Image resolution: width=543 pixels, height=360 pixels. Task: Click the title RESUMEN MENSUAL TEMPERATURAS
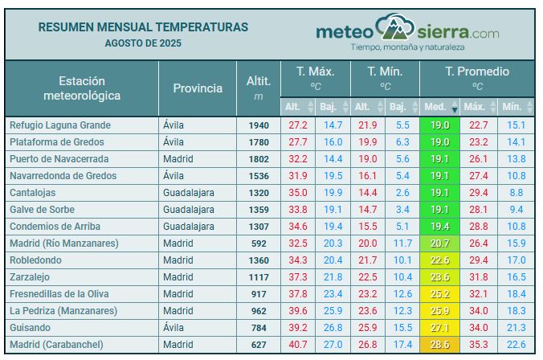pyautogui.click(x=143, y=27)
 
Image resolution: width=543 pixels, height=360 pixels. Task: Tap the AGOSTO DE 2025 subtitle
pyautogui.click(x=143, y=42)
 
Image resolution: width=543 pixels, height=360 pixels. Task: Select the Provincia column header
pyautogui.click(x=198, y=88)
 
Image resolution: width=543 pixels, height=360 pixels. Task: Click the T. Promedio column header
pyautogui.click(x=477, y=72)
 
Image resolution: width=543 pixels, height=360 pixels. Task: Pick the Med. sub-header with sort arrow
pyautogui.click(x=439, y=106)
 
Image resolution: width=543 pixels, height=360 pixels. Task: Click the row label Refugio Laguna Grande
pyautogui.click(x=59, y=125)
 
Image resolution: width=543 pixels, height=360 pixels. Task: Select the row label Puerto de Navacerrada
pyautogui.click(x=59, y=159)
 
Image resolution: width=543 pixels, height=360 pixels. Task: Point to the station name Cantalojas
pyautogui.click(x=33, y=193)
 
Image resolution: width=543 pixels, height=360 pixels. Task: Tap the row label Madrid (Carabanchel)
pyautogui.click(x=56, y=345)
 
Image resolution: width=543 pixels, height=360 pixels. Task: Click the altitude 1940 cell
pyautogui.click(x=259, y=125)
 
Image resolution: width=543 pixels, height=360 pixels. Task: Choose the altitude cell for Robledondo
pyautogui.click(x=259, y=260)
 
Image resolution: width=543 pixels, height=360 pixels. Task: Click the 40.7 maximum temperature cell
pyautogui.click(x=298, y=345)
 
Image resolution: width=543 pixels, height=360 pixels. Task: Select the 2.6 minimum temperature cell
pyautogui.click(x=402, y=193)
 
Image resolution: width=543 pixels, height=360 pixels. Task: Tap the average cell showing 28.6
pyautogui.click(x=439, y=345)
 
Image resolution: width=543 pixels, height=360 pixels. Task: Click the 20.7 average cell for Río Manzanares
pyautogui.click(x=439, y=243)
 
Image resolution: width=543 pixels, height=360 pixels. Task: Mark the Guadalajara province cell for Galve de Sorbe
pyautogui.click(x=189, y=210)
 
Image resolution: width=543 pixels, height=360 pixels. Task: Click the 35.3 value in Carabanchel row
pyautogui.click(x=478, y=345)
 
